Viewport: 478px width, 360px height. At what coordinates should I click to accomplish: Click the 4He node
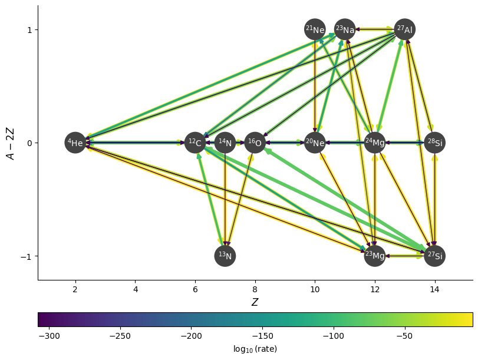(x=75, y=143)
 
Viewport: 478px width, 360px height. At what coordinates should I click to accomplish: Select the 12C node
(x=195, y=143)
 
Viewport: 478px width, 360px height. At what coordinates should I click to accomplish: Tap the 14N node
(x=225, y=143)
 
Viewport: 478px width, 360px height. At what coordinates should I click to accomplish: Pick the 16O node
(x=255, y=143)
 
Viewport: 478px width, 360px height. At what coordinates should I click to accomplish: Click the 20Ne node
(x=315, y=143)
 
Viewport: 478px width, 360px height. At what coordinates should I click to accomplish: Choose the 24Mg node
(x=375, y=143)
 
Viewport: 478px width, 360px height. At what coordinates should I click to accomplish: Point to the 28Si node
(x=434, y=143)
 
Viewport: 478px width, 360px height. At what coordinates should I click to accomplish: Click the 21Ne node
(x=315, y=29)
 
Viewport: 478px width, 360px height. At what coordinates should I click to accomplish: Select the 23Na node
(x=345, y=29)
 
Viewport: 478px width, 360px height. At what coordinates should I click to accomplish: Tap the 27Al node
(x=404, y=29)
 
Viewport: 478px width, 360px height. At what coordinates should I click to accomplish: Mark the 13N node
(x=225, y=256)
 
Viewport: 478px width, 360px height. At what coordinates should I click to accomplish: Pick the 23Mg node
(x=375, y=256)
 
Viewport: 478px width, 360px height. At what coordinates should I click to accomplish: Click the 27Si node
(x=434, y=256)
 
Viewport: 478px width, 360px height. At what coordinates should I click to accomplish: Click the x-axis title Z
(x=255, y=302)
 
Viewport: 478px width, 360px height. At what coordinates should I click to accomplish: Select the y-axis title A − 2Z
(x=10, y=143)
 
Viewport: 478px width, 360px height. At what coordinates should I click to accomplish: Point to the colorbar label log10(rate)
(x=255, y=349)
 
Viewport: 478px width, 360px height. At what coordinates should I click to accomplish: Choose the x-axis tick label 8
(x=255, y=289)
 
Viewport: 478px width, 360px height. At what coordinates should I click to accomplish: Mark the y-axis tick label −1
(x=27, y=256)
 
